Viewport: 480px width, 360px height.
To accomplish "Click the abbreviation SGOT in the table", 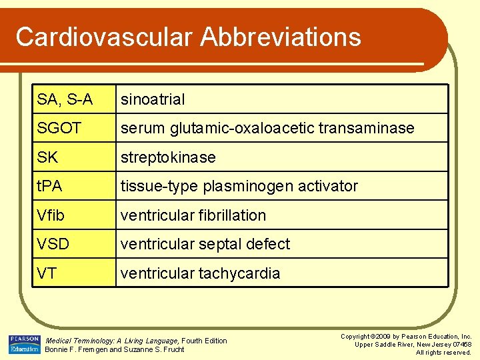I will (59, 128).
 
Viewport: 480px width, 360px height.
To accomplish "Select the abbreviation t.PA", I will (50, 186).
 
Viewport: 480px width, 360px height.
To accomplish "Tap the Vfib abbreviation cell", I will (51, 215).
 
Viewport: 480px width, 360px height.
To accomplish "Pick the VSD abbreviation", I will (53, 244).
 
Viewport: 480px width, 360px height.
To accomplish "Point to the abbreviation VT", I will (47, 273).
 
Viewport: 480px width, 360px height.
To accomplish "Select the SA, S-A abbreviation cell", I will (65, 99).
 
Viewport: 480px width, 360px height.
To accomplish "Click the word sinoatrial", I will (153, 99).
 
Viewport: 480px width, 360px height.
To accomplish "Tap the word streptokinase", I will (168, 157).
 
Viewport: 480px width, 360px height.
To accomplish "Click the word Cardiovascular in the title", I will (101, 37).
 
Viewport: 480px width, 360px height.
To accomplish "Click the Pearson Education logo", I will (25, 345).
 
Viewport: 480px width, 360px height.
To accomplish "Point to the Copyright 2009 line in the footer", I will (407, 337).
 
